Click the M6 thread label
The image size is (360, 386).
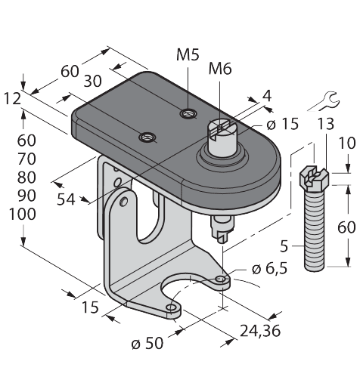click(x=219, y=70)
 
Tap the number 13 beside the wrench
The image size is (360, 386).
click(x=325, y=124)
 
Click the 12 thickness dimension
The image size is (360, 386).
click(x=12, y=98)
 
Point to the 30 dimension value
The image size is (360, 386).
click(x=95, y=81)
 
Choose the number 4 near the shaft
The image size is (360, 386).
click(x=265, y=96)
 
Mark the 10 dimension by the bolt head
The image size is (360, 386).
click(x=347, y=144)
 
